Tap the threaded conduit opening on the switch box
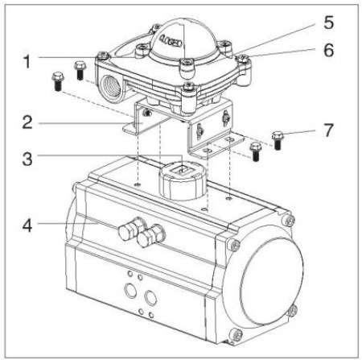click(x=111, y=81)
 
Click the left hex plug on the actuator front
click(x=126, y=233)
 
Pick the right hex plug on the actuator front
click(x=147, y=238)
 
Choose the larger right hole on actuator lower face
click(x=150, y=297)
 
